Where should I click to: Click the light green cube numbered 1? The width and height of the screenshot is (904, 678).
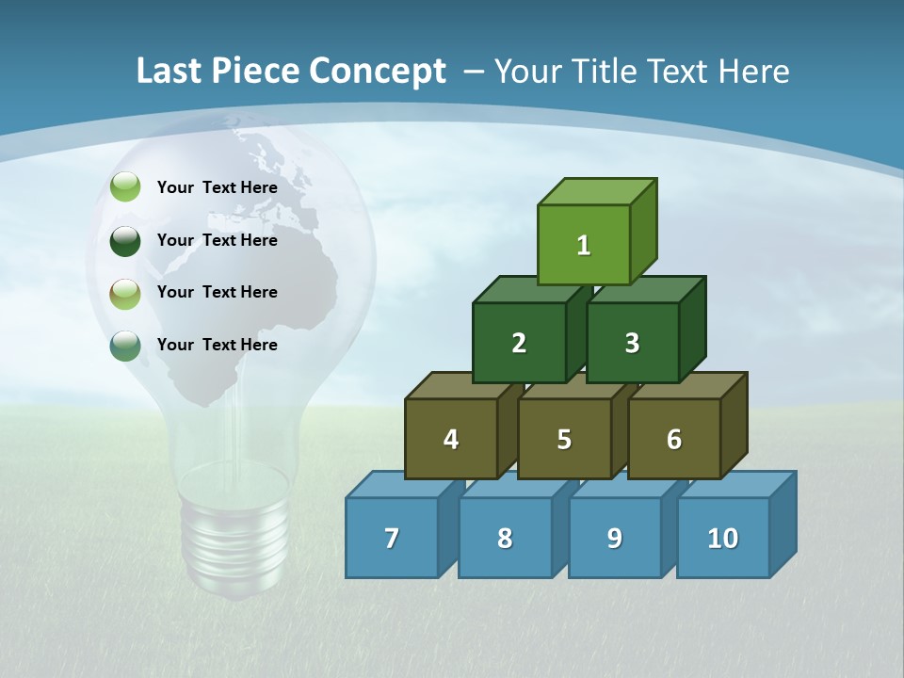tap(584, 245)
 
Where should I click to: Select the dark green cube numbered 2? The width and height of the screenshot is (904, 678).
tap(519, 343)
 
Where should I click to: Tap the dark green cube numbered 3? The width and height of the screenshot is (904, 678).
tap(632, 343)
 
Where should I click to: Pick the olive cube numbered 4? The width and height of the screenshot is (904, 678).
tap(451, 439)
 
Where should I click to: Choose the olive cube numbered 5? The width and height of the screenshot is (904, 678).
tap(564, 439)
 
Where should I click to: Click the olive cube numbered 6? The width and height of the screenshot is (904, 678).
tap(673, 439)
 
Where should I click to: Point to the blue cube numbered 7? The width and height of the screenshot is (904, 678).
tap(392, 538)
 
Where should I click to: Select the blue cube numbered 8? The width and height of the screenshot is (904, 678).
tap(505, 538)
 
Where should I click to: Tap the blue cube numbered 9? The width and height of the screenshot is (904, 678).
tap(614, 538)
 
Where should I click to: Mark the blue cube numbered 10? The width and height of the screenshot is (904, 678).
tap(722, 538)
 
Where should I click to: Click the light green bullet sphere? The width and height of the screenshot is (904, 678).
tap(125, 187)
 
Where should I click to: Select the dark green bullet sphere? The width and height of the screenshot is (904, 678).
tap(125, 240)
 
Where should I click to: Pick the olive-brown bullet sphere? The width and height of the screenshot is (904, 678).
tap(125, 293)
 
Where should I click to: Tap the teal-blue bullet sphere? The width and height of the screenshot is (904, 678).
tap(125, 346)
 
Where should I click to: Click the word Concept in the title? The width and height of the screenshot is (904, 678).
tap(378, 71)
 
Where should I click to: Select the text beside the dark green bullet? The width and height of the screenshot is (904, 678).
tap(218, 240)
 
